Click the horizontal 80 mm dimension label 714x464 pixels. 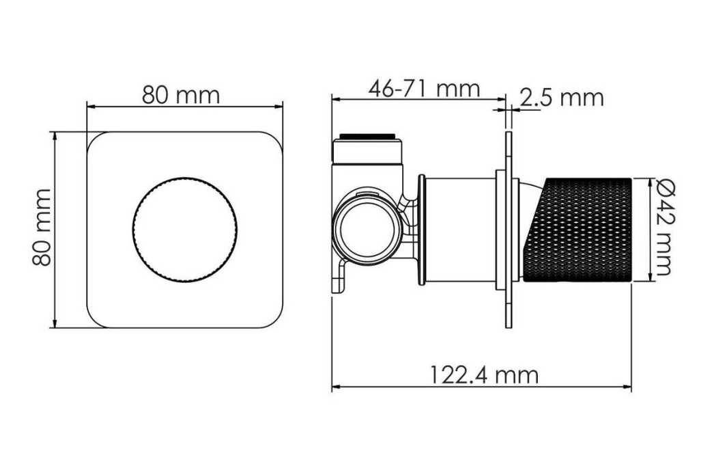181,95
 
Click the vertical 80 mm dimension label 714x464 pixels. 42,227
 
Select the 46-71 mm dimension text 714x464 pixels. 424,88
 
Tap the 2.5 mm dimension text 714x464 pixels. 562,98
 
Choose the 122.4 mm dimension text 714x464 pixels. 484,375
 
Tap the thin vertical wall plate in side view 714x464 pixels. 509,230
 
